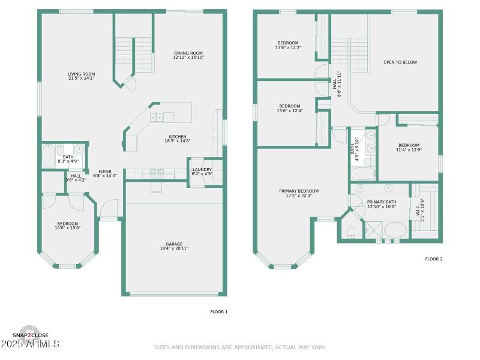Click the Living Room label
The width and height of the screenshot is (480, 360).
pyautogui.click(x=81, y=74)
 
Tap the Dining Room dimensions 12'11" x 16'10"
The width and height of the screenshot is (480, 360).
pyautogui.click(x=188, y=58)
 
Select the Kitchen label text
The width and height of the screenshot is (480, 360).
pyautogui.click(x=177, y=137)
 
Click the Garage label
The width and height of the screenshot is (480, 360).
pyautogui.click(x=174, y=244)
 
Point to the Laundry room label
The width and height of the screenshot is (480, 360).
pyautogui.click(x=202, y=169)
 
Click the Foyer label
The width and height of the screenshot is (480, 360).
pyautogui.click(x=105, y=171)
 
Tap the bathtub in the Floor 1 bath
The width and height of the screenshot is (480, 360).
pyautogui.click(x=49, y=157)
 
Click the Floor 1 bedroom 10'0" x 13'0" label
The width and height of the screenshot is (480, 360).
pyautogui.click(x=68, y=226)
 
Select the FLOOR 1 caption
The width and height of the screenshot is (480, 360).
pyautogui.click(x=218, y=311)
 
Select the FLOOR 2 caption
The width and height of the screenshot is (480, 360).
pyautogui.click(x=433, y=259)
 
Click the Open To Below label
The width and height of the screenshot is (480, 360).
pyautogui.click(x=400, y=62)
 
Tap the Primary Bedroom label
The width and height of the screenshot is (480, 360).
pyautogui.click(x=299, y=191)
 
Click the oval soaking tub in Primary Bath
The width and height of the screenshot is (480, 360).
pyautogui.click(x=395, y=230)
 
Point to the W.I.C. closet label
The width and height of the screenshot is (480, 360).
pyautogui.click(x=418, y=211)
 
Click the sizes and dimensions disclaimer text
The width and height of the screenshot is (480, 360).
pyautogui.click(x=240, y=347)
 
